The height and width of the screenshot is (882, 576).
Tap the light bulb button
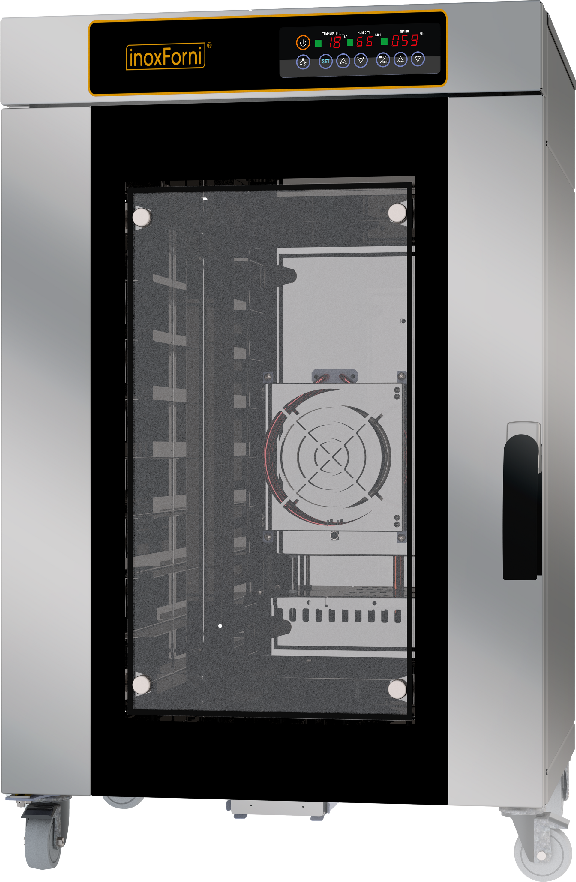tap(303, 62)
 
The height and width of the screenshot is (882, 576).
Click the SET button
tap(325, 62)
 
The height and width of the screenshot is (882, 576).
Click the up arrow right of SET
tap(343, 61)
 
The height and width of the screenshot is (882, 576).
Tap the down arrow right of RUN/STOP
tap(418, 59)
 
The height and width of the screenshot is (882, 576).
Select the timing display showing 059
tap(405, 40)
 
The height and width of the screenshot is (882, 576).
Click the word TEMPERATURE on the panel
tap(331, 33)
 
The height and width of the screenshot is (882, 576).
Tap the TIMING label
tap(404, 32)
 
